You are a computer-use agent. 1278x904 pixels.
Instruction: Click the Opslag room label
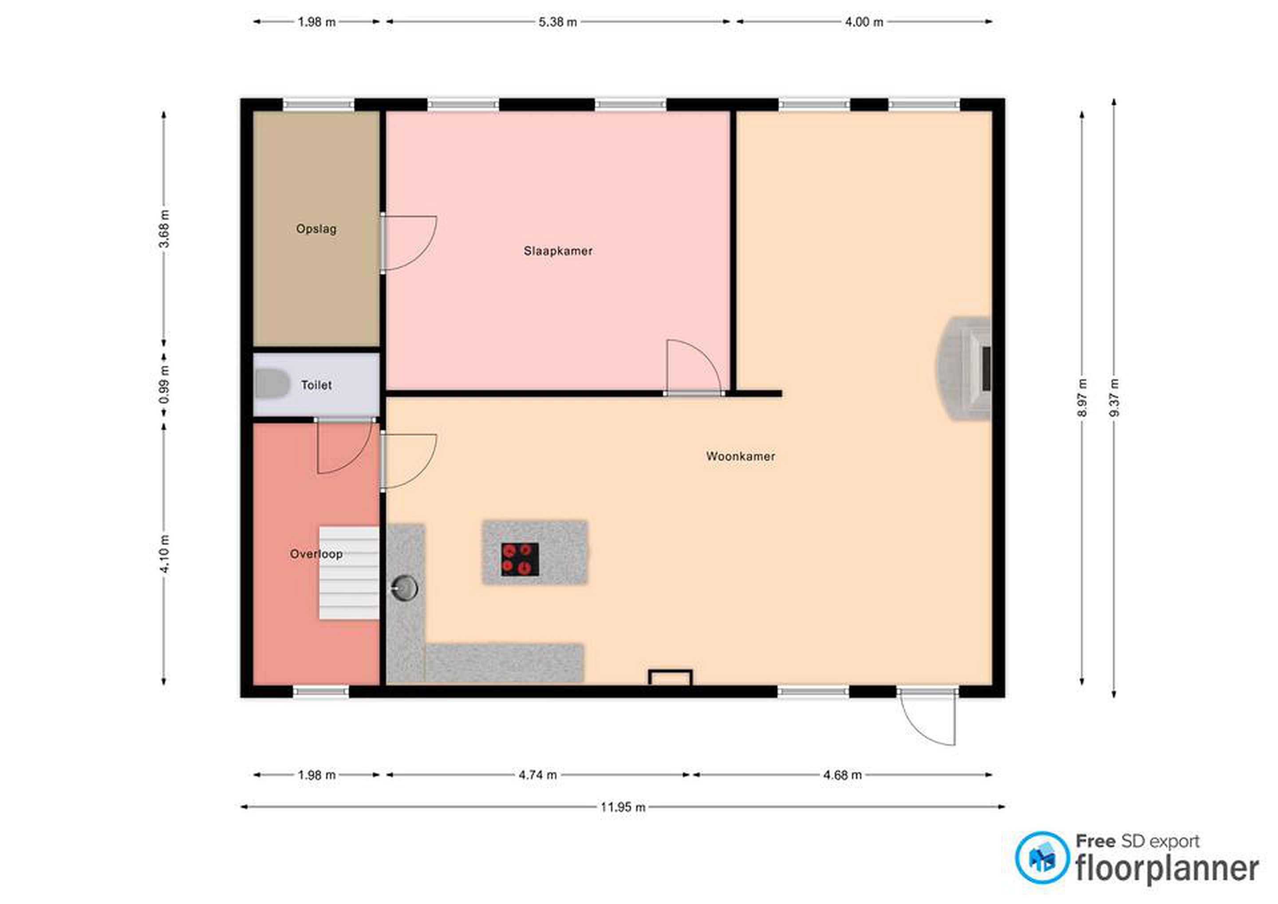click(x=316, y=229)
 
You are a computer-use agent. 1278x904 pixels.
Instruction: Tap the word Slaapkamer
click(x=558, y=251)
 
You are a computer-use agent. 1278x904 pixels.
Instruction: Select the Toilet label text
click(x=316, y=385)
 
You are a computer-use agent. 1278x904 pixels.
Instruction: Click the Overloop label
click(x=316, y=554)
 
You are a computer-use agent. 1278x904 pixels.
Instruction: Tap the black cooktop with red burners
click(x=520, y=560)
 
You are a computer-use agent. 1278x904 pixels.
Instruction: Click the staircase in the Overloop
click(x=349, y=573)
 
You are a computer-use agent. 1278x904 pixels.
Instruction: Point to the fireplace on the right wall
click(x=965, y=368)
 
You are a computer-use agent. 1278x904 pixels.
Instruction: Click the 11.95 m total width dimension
click(x=623, y=807)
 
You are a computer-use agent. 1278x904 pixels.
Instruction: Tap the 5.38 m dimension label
click(x=558, y=22)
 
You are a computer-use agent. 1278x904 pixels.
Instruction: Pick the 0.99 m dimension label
click(x=164, y=385)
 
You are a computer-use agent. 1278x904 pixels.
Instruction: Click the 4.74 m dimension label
click(x=538, y=775)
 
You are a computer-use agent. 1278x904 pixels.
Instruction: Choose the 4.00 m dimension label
click(x=864, y=22)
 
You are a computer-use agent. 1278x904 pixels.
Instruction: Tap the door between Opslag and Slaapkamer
click(x=410, y=243)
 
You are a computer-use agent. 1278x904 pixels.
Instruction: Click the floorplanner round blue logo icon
click(x=1042, y=858)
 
